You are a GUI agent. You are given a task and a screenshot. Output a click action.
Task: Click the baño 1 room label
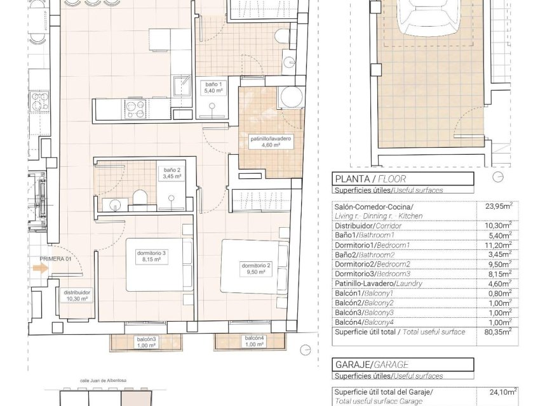pos(213,88)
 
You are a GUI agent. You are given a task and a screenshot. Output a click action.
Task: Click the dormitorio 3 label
pos(151,256)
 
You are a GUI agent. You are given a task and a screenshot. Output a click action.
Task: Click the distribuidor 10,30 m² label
pos(76,296)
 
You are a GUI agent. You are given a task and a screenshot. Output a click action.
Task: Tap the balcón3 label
pos(146,342)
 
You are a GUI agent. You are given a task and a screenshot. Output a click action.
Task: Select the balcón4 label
pos(254,342)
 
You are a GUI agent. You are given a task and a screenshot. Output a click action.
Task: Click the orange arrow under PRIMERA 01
pos(41,268)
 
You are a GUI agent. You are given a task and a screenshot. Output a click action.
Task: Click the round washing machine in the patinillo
pos(292,98)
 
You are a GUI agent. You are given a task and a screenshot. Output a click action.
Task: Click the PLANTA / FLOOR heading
pos(370,179)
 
